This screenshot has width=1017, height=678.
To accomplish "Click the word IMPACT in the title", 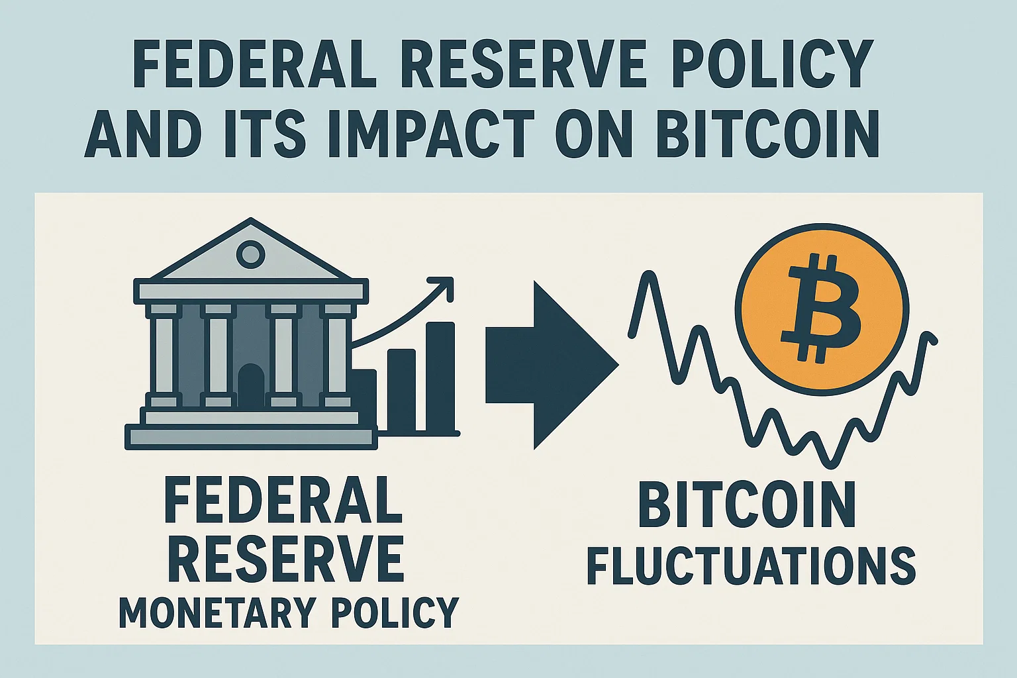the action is [x=431, y=132].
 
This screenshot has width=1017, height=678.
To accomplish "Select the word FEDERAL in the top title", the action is [x=254, y=63].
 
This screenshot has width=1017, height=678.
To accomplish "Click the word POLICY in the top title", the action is [x=771, y=63].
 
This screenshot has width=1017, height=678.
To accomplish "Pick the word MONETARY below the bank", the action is [x=217, y=612].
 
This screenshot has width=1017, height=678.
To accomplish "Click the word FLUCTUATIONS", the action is [x=751, y=566].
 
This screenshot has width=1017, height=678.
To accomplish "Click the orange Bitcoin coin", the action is [x=822, y=310].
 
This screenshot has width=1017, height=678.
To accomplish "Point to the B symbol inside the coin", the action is [x=820, y=309].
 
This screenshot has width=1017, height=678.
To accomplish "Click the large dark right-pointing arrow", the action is [x=552, y=365].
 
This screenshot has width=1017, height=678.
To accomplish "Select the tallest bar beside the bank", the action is [x=440, y=377].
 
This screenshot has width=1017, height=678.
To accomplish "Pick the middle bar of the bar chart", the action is [x=401, y=390].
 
